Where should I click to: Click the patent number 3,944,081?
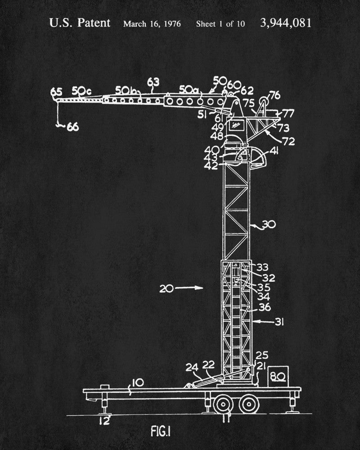285,23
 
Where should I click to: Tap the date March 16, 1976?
152,23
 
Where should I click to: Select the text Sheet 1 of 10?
220,23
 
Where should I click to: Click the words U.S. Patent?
79,23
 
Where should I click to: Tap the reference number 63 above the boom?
153,82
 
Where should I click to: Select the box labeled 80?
278,375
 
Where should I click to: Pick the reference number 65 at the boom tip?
56,93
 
